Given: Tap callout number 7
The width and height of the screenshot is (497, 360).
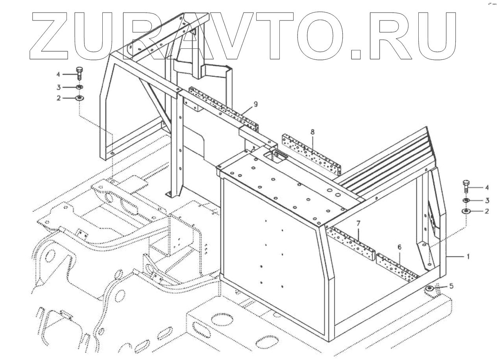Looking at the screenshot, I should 358,223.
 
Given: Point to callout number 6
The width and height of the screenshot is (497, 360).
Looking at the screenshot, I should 399,247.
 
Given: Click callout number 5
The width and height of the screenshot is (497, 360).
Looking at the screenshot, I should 451,286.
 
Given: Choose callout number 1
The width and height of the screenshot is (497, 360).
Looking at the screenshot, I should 468,256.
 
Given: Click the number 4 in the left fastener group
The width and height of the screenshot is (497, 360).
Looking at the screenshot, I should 58,74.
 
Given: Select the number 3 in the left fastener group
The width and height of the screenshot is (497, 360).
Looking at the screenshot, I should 58,87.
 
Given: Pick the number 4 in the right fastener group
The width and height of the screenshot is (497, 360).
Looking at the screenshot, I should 487,187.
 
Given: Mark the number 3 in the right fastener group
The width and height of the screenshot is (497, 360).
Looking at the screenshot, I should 487,200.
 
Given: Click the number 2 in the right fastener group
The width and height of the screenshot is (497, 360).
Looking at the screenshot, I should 487,211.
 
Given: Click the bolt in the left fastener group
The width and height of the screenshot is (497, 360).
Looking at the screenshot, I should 79,74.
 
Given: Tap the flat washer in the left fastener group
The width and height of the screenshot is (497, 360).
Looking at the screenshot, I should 79,97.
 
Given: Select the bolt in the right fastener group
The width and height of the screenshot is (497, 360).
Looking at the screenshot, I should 466,185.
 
